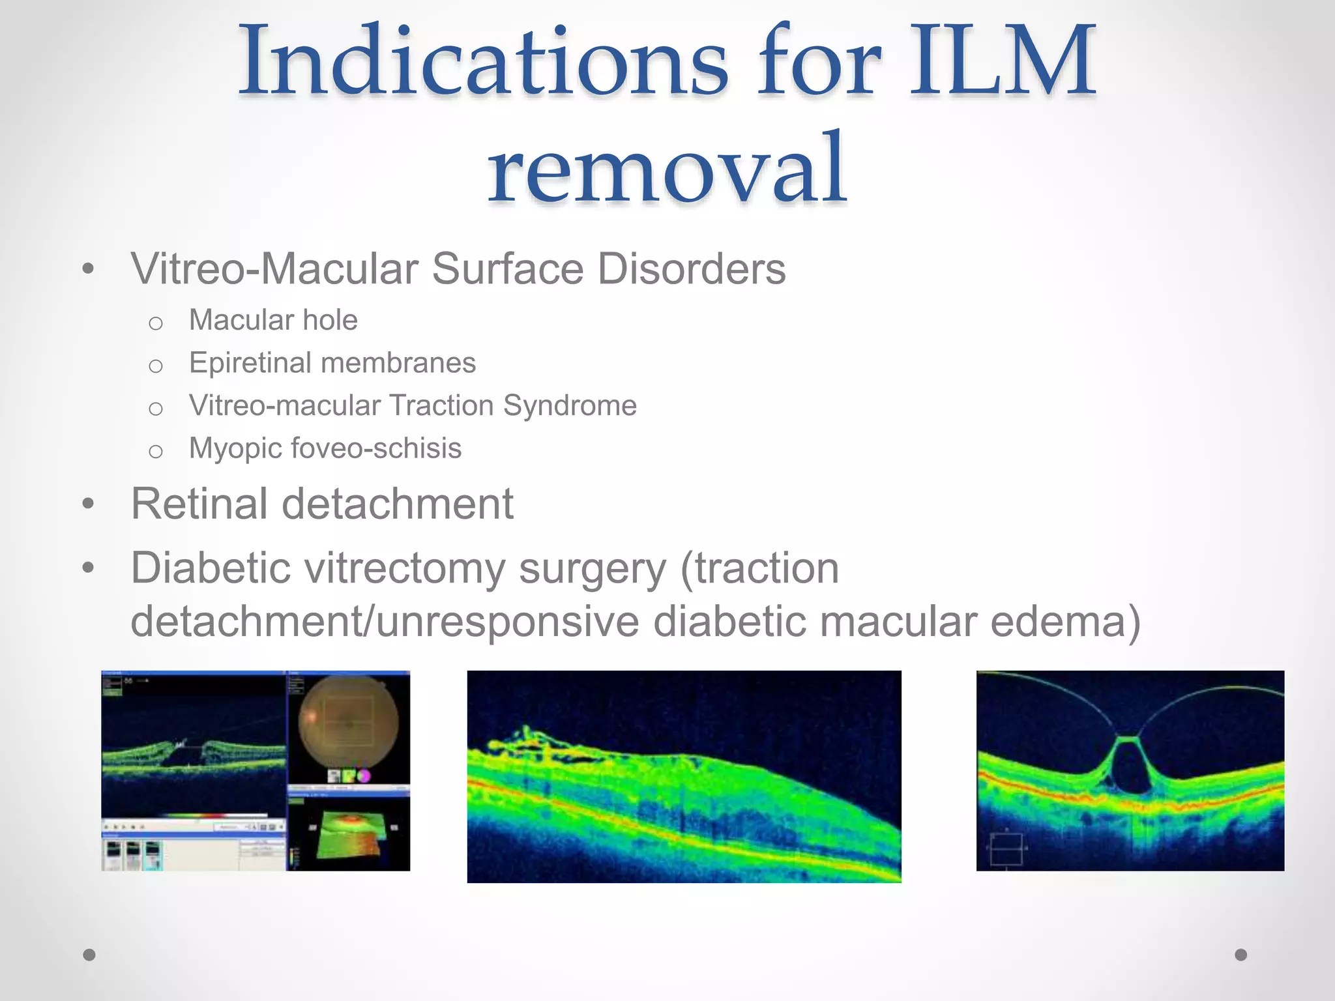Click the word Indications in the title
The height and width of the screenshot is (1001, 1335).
[483, 62]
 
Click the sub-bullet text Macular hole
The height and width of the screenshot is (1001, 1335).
[273, 321]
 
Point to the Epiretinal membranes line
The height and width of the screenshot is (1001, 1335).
[332, 363]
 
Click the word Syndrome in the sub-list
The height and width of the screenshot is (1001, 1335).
[570, 405]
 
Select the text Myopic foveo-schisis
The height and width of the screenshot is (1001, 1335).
[325, 448]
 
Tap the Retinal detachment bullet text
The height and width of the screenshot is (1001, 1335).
[322, 504]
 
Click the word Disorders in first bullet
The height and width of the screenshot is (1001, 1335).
[692, 268]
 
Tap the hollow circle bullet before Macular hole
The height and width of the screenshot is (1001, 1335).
[155, 323]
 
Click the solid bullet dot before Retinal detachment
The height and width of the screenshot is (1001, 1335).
[89, 504]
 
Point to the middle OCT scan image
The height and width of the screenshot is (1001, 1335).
[684, 776]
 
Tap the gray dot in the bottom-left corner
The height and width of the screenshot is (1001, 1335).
[89, 955]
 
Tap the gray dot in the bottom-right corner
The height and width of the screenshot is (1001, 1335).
[1241, 955]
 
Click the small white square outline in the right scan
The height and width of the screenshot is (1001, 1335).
[1006, 849]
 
